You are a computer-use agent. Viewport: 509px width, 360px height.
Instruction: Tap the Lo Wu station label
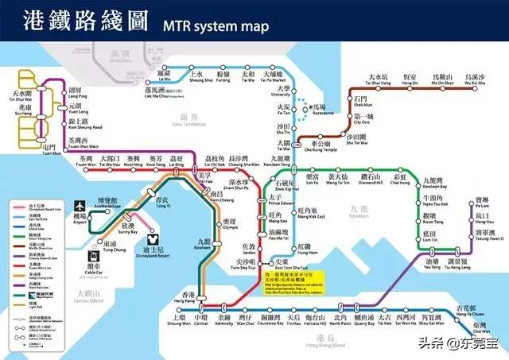point(164,78)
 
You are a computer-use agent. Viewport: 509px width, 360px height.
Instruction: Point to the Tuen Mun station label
point(49,148)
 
